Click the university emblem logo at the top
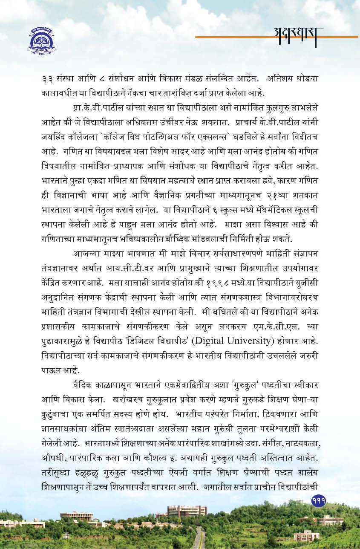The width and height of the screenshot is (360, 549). pyautogui.click(x=41, y=41)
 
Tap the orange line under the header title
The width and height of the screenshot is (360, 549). pyautogui.click(x=277, y=37)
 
